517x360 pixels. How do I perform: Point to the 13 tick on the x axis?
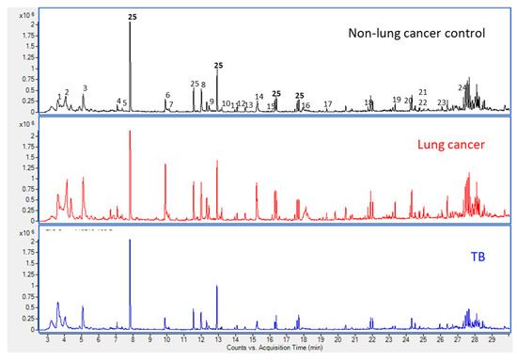[x=218, y=345]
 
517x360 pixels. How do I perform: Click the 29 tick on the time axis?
[x=492, y=345]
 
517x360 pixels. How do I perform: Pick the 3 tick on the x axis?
[x=48, y=345]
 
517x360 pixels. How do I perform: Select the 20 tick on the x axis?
[x=338, y=345]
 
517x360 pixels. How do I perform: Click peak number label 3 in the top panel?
[x=85, y=88]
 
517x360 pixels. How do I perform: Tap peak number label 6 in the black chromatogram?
[x=167, y=95]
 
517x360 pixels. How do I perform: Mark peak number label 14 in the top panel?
[x=258, y=97]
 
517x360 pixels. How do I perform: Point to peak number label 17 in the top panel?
[x=327, y=103]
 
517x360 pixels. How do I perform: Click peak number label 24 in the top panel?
[x=462, y=87]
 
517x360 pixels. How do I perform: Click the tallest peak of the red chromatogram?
[x=130, y=133]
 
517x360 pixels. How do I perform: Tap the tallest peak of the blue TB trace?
[x=130, y=242]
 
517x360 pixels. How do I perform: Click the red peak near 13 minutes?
[x=217, y=163]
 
